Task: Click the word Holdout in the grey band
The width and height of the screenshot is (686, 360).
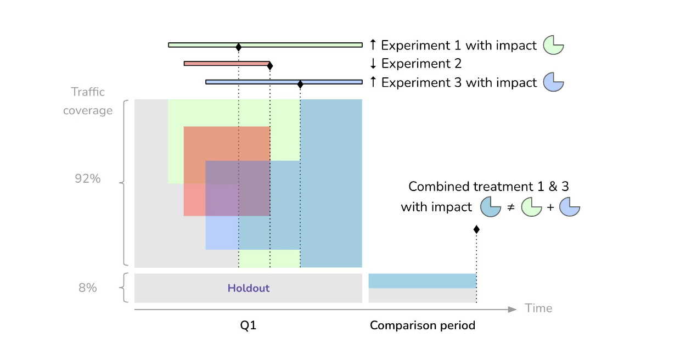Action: pos(249,288)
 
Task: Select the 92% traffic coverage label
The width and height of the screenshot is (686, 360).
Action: pos(88,178)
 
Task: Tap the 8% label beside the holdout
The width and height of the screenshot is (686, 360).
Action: pos(87,288)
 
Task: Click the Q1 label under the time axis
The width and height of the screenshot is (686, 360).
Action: pos(248,325)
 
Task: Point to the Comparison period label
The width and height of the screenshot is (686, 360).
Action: pos(423,325)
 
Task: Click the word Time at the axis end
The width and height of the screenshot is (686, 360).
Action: pos(538,308)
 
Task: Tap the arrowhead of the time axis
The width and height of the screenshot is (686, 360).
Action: pos(513,310)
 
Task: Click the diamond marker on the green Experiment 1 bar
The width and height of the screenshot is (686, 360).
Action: pos(238,48)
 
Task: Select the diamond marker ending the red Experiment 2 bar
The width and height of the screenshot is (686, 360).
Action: pos(269,66)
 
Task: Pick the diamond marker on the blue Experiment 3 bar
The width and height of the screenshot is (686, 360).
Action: pos(300,84)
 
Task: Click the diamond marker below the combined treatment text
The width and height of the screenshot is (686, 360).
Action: pos(476,229)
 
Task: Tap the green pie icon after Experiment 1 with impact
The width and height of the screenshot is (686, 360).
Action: pos(553,46)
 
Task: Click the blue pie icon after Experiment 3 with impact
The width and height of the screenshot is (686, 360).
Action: pos(553,82)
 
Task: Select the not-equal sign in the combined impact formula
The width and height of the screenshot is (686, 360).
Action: pos(511,208)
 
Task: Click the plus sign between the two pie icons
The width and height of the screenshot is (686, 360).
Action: pos(550,208)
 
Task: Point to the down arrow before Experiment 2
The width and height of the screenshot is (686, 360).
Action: pos(373,64)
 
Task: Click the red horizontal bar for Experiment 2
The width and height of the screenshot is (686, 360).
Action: pos(226,64)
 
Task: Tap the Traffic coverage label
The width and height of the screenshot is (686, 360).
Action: pos(88,101)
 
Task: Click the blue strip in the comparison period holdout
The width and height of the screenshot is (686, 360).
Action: pos(422,280)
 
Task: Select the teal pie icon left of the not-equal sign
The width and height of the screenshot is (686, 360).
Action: pos(491,207)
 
